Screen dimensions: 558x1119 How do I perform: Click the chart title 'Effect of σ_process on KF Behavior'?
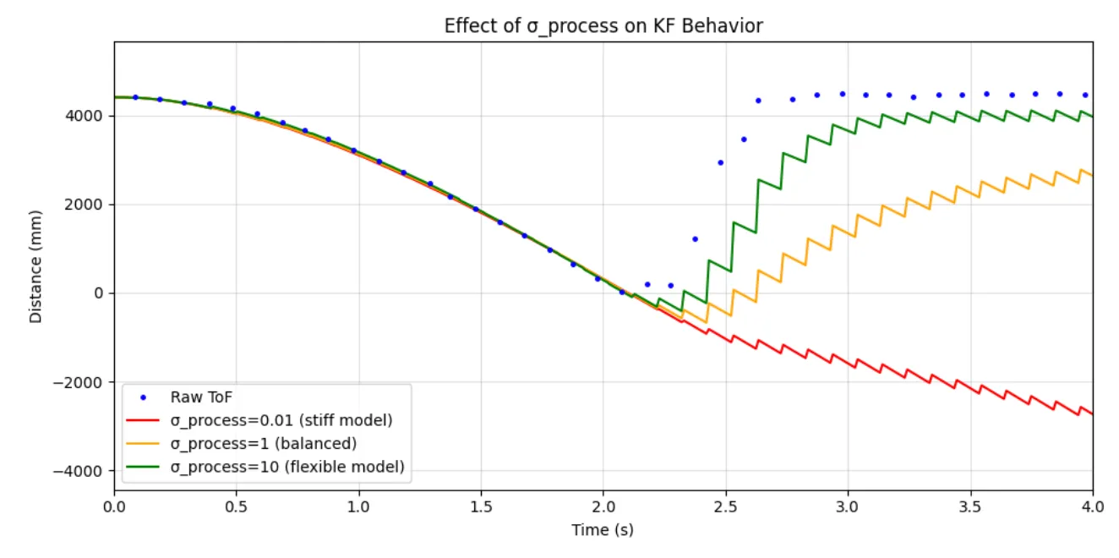[x=603, y=26]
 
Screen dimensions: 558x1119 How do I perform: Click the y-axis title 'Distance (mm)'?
[x=35, y=265]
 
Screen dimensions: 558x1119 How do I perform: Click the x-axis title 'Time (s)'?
[x=603, y=530]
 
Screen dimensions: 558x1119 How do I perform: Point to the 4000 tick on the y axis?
[x=90, y=116]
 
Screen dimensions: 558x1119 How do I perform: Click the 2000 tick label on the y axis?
[x=90, y=205]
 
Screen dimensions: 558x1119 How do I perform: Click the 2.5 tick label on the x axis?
[x=725, y=507]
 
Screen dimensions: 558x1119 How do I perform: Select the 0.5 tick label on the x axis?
[x=236, y=507]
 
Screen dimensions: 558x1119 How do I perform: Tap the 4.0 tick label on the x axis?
[x=1092, y=507]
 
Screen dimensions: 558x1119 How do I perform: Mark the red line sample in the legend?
[x=142, y=420]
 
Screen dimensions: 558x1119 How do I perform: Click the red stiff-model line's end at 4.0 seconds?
[x=1092, y=413]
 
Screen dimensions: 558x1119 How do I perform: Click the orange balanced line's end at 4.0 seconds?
[x=1092, y=175]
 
